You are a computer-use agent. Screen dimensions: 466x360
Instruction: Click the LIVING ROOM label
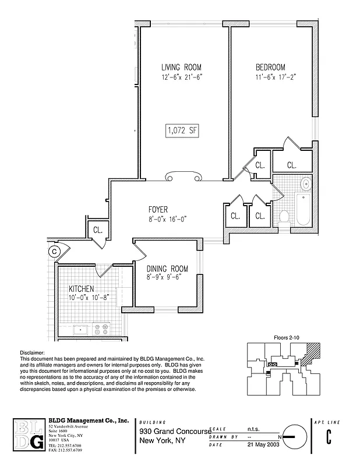(x=182, y=66)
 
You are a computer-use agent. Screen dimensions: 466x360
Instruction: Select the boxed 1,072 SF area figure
(x=182, y=130)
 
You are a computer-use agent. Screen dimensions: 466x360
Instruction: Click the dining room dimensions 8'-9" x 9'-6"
(x=168, y=278)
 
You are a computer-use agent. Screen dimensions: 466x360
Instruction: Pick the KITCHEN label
(x=82, y=289)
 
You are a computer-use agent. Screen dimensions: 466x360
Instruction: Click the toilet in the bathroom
(x=285, y=217)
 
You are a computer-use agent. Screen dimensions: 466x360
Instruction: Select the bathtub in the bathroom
(x=303, y=211)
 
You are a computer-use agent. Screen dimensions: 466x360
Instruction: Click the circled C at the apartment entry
(x=54, y=252)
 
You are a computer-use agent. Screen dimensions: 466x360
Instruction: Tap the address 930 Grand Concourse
(x=173, y=431)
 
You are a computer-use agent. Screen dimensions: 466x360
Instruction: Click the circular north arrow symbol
(x=295, y=436)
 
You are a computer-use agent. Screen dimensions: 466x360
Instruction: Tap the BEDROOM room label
(x=270, y=66)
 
